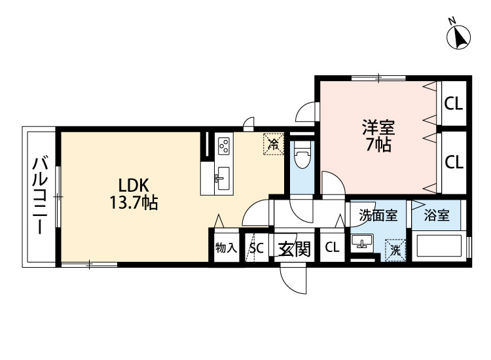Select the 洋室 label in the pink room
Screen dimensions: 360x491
tap(378, 126)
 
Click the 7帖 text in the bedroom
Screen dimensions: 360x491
tap(378, 145)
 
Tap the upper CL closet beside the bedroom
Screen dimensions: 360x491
tap(454, 103)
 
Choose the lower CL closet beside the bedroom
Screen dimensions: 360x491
tap(454, 162)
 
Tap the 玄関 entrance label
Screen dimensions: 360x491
tap(293, 249)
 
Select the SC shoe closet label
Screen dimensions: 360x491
tap(256, 249)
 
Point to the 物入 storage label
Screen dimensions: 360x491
tap(225, 249)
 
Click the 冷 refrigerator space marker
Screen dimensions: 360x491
tap(274, 144)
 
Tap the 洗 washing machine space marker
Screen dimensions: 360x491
tap(395, 249)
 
